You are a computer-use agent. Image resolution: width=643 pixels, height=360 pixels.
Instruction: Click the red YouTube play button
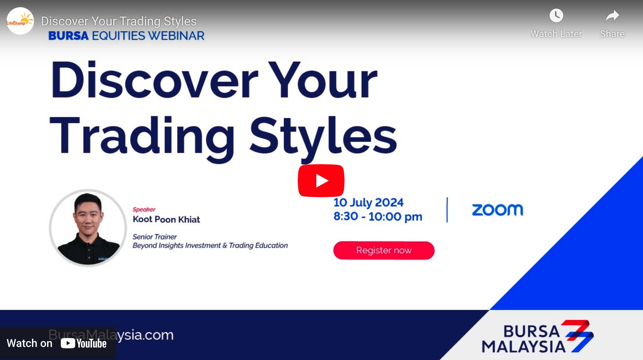point(321,181)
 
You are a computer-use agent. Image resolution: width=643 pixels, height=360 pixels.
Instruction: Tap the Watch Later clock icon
point(556,16)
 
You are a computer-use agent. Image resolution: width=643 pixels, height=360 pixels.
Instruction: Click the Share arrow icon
point(612,16)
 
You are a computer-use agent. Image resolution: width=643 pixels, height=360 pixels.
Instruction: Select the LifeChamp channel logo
point(20,21)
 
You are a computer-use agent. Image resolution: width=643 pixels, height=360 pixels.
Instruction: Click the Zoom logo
point(497,210)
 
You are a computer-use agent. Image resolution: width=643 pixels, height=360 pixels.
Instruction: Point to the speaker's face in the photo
point(88,215)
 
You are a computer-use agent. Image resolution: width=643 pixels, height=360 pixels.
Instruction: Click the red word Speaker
point(144,210)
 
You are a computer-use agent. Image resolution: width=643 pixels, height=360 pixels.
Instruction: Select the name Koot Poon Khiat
point(166,220)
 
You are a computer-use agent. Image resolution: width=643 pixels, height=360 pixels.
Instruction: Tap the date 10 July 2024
point(368,203)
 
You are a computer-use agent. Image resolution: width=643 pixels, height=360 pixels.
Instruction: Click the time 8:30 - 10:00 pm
point(377,217)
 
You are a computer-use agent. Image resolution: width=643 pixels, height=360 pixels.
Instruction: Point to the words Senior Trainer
point(155,237)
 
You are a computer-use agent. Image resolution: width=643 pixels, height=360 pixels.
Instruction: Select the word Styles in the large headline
point(323,136)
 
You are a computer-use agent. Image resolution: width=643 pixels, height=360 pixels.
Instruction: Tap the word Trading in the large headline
point(142,136)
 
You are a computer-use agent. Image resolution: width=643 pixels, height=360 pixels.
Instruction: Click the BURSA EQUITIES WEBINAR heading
point(126,36)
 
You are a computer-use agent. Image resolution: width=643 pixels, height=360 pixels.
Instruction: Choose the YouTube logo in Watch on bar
point(83,343)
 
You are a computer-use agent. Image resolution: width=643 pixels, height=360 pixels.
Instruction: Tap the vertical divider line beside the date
point(447,210)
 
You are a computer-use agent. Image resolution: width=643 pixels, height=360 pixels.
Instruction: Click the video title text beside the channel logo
point(119,21)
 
